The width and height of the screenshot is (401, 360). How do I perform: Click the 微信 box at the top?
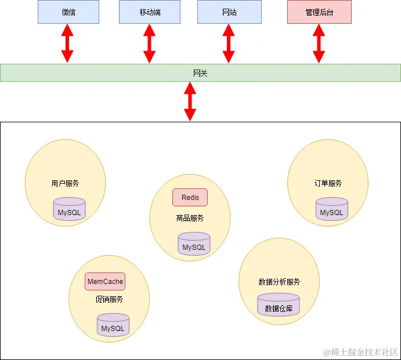pyautogui.click(x=68, y=12)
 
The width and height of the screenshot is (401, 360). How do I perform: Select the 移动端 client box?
pyautogui.click(x=150, y=12)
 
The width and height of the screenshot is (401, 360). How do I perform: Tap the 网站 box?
pyautogui.click(x=229, y=12)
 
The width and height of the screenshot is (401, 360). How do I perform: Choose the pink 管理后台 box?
pyautogui.click(x=319, y=12)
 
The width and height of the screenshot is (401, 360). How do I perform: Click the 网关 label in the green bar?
pyautogui.click(x=200, y=73)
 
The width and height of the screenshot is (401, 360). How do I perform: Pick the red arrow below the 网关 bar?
pyautogui.click(x=190, y=101)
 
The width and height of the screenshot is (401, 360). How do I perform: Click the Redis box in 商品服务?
pyautogui.click(x=190, y=198)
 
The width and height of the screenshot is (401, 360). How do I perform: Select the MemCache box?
pyautogui.click(x=105, y=282)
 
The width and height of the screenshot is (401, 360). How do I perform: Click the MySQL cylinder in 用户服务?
pyautogui.click(x=69, y=210)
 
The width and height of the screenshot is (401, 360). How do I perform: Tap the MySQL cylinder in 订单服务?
pyautogui.click(x=332, y=210)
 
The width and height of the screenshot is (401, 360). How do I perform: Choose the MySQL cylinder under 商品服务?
pyautogui.click(x=194, y=244)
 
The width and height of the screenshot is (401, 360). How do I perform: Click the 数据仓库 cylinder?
pyautogui.click(x=279, y=306)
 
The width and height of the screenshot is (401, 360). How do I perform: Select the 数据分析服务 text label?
pyautogui.click(x=279, y=282)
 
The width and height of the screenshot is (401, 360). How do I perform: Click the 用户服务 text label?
pyautogui.click(x=65, y=183)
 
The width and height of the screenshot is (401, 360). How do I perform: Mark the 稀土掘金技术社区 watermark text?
pyautogui.click(x=361, y=351)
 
